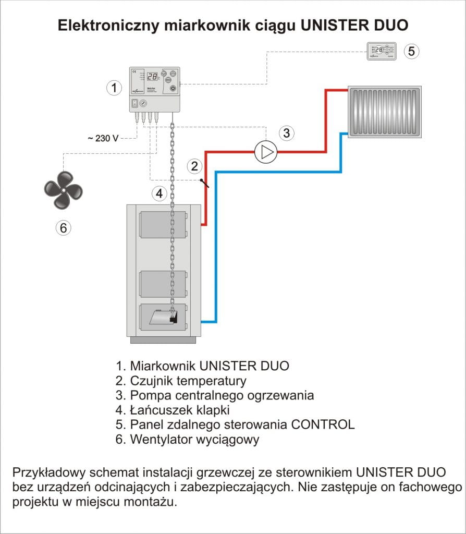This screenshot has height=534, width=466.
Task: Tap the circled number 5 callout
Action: coord(411,51)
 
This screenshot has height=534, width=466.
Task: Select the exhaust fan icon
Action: coord(63,190)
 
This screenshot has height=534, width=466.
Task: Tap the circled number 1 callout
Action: coord(114,88)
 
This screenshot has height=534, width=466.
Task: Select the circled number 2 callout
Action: coord(194,166)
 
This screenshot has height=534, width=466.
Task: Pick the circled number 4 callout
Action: coord(159,193)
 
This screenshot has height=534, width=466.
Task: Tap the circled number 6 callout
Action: coord(63,227)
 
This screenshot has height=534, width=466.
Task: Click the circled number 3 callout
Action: coord(286,132)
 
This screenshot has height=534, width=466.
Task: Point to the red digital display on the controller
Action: coord(152,77)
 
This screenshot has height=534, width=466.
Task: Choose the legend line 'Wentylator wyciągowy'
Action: coord(187,439)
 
